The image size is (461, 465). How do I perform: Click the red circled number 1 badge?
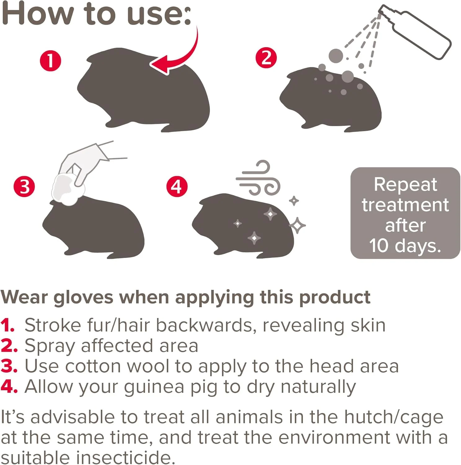tap(51, 61)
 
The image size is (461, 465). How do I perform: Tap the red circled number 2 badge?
tap(266, 58)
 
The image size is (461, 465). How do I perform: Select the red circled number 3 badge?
tap(24, 187)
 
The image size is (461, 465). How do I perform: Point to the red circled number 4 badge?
tap(177, 187)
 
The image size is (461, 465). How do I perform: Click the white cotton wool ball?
tap(68, 189)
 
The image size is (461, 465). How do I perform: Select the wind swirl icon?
tap(258, 178)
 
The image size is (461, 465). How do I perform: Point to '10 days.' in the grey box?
tap(405, 246)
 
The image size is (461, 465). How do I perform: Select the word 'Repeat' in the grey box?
tap(406, 184)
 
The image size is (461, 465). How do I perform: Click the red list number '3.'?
tap(9, 366)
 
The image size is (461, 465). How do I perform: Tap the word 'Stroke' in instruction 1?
tap(53, 325)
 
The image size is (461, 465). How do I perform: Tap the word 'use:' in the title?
tap(159, 14)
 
